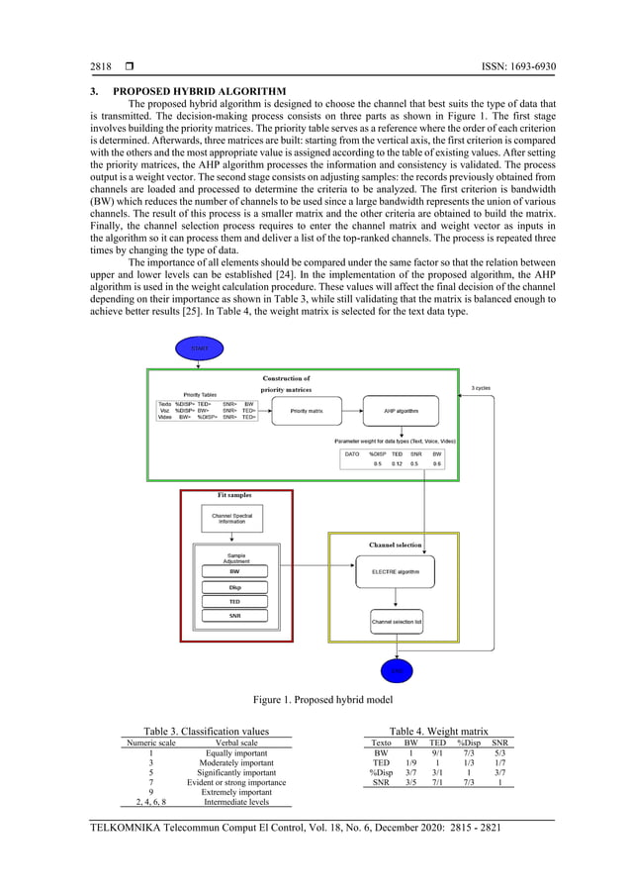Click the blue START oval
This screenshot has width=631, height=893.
[199, 348]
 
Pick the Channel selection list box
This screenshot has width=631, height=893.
[396, 622]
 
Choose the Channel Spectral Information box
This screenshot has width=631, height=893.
[235, 518]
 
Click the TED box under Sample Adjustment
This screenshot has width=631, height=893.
[234, 601]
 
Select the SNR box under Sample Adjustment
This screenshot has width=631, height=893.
[234, 616]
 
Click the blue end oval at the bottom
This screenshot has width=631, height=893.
[397, 671]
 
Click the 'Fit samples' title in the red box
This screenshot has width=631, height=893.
[234, 495]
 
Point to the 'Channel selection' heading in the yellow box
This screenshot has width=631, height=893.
[395, 545]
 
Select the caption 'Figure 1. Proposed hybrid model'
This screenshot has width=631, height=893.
[315, 700]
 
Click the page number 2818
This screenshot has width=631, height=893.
[101, 67]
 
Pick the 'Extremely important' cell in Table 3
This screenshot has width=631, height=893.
[235, 792]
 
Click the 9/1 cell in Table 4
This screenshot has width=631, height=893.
[436, 752]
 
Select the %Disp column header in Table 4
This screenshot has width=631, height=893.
[469, 742]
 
